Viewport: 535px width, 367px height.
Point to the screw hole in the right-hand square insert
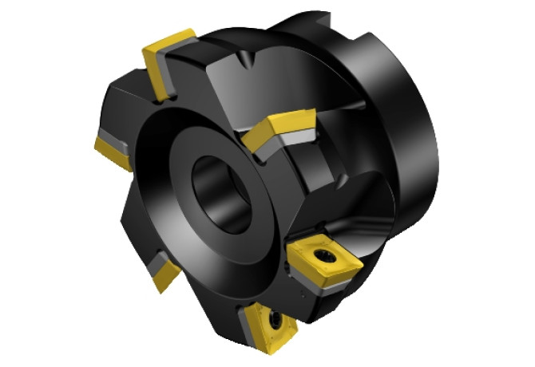(x=326, y=257)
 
